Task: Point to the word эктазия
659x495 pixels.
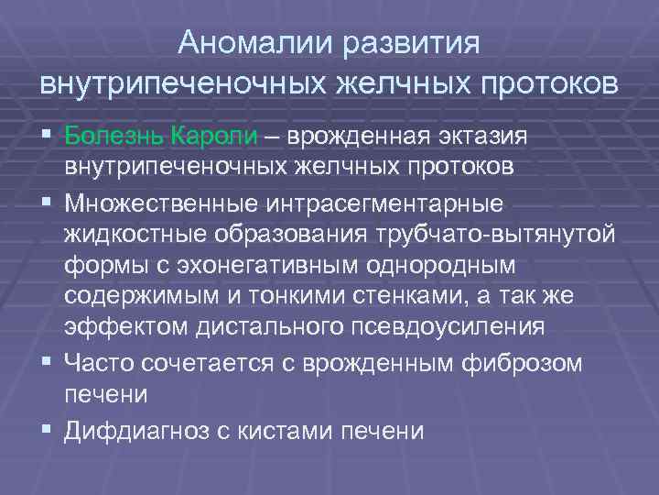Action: (x=479, y=137)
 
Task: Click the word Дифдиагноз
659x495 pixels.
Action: (x=133, y=429)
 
